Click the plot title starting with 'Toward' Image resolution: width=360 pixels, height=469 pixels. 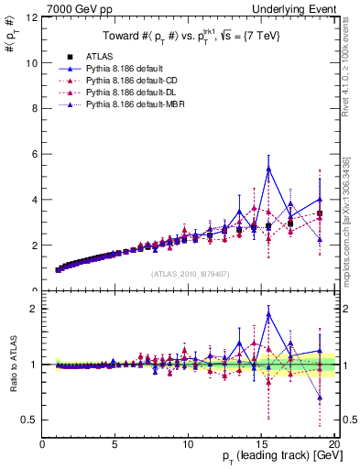(191, 38)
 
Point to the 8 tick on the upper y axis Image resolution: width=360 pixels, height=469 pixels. (35, 109)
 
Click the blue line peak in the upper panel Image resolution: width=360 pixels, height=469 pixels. (268, 168)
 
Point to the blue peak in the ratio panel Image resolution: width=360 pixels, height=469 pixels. (268, 313)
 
